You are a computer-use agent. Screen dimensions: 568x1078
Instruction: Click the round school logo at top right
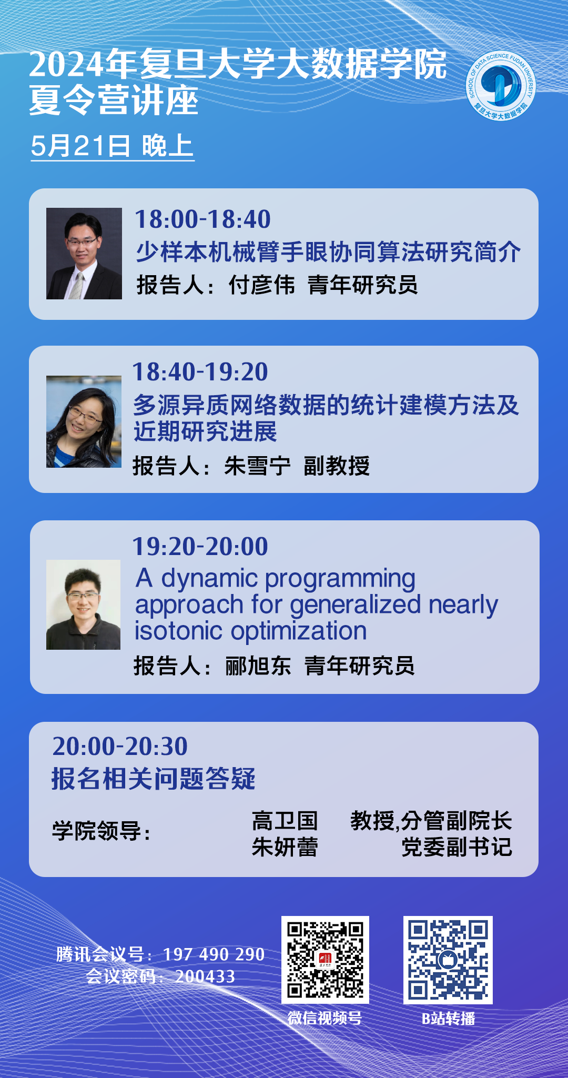pyautogui.click(x=501, y=85)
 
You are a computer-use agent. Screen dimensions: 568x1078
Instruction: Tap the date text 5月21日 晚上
pyautogui.click(x=112, y=146)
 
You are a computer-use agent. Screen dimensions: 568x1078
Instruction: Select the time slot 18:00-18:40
pyautogui.click(x=202, y=219)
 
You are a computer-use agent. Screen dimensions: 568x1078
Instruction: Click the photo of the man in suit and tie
pyautogui.click(x=84, y=254)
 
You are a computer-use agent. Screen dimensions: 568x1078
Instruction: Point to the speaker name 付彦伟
pyautogui.click(x=261, y=285)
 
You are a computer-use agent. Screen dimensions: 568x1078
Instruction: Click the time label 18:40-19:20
pyautogui.click(x=200, y=371)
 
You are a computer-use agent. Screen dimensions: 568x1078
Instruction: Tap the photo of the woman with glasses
pyautogui.click(x=84, y=421)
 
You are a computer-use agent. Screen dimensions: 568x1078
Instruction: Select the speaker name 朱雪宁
pyautogui.click(x=257, y=466)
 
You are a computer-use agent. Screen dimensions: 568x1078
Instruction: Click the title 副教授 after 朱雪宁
pyautogui.click(x=337, y=466)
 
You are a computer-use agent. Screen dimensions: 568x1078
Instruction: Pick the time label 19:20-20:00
pyautogui.click(x=200, y=546)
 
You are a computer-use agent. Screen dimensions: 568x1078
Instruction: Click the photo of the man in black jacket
pyautogui.click(x=83, y=605)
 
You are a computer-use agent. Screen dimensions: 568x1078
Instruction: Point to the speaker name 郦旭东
pyautogui.click(x=258, y=666)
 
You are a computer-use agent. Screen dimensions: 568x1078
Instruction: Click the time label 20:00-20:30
pyautogui.click(x=120, y=746)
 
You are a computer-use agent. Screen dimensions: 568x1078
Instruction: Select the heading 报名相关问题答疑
pyautogui.click(x=153, y=779)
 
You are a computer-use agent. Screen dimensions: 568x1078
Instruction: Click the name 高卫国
pyautogui.click(x=285, y=820)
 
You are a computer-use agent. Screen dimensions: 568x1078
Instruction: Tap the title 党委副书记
pyautogui.click(x=457, y=847)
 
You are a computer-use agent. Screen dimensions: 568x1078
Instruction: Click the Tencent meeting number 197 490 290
pyautogui.click(x=214, y=954)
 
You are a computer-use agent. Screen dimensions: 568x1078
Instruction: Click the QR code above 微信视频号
pyautogui.click(x=325, y=960)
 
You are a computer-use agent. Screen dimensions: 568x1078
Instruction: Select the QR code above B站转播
pyautogui.click(x=448, y=960)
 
